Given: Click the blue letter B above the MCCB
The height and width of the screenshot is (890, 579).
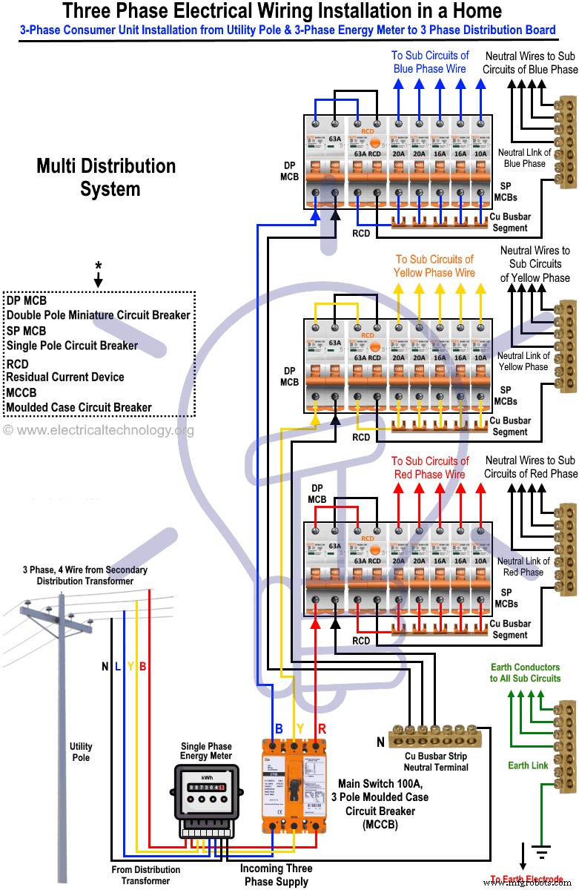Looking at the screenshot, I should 279,728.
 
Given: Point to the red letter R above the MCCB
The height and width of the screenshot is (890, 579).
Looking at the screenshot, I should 322,728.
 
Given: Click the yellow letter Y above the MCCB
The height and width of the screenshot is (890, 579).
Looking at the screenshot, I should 300,728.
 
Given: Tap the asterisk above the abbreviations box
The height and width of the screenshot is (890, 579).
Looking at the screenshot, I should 98,266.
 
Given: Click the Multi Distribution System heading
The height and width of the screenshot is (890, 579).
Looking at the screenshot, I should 106,177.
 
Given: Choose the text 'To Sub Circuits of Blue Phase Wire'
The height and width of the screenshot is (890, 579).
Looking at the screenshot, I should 430,62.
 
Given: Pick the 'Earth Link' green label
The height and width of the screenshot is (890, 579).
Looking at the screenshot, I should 529,765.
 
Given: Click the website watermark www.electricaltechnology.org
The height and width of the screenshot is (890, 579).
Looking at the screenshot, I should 98,430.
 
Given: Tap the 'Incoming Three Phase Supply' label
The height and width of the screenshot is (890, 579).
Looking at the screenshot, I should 276,874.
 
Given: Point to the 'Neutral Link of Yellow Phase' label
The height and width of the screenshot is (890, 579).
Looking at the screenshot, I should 523,361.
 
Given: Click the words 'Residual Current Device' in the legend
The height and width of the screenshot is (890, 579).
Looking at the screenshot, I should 65,377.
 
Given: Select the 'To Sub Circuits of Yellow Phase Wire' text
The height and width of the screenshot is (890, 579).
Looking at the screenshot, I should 434,266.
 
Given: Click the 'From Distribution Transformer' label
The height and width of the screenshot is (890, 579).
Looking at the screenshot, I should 146,875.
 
